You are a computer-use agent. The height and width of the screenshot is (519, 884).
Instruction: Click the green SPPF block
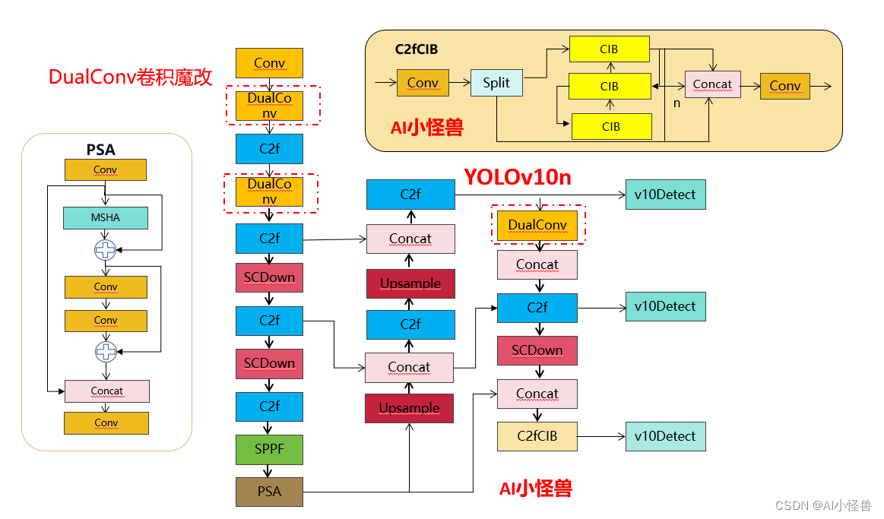point(269,449)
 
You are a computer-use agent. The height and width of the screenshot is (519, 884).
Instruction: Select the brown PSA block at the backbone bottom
point(269,491)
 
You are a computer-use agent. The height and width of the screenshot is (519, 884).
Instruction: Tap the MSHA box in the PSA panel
point(105,218)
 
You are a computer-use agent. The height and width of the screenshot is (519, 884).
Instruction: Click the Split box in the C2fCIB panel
point(496,83)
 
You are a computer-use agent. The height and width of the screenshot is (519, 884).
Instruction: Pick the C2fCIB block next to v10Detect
point(537,436)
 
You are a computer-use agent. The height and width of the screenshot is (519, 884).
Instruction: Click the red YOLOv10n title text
point(518,178)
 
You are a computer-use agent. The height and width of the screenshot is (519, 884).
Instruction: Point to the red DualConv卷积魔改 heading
point(130,77)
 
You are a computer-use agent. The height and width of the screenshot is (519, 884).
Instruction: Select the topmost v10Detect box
point(665,195)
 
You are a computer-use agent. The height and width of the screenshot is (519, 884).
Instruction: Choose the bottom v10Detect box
point(665,436)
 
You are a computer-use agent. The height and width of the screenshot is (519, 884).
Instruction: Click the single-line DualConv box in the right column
point(537,225)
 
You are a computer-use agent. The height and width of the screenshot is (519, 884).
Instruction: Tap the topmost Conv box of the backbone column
point(269,63)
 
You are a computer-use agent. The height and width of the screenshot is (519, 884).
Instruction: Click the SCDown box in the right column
point(537,350)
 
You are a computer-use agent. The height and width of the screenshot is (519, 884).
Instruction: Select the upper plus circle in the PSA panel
point(105,249)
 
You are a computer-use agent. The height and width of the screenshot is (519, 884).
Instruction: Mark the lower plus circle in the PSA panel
point(105,351)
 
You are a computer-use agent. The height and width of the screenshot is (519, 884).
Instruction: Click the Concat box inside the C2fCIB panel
point(712,84)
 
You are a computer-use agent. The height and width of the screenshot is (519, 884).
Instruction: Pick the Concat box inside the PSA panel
point(106,391)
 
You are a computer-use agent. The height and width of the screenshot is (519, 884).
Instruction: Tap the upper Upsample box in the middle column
point(410,283)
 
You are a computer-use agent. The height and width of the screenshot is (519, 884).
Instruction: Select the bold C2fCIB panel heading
point(416,49)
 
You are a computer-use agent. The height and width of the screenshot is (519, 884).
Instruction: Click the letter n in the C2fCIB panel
point(676,102)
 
